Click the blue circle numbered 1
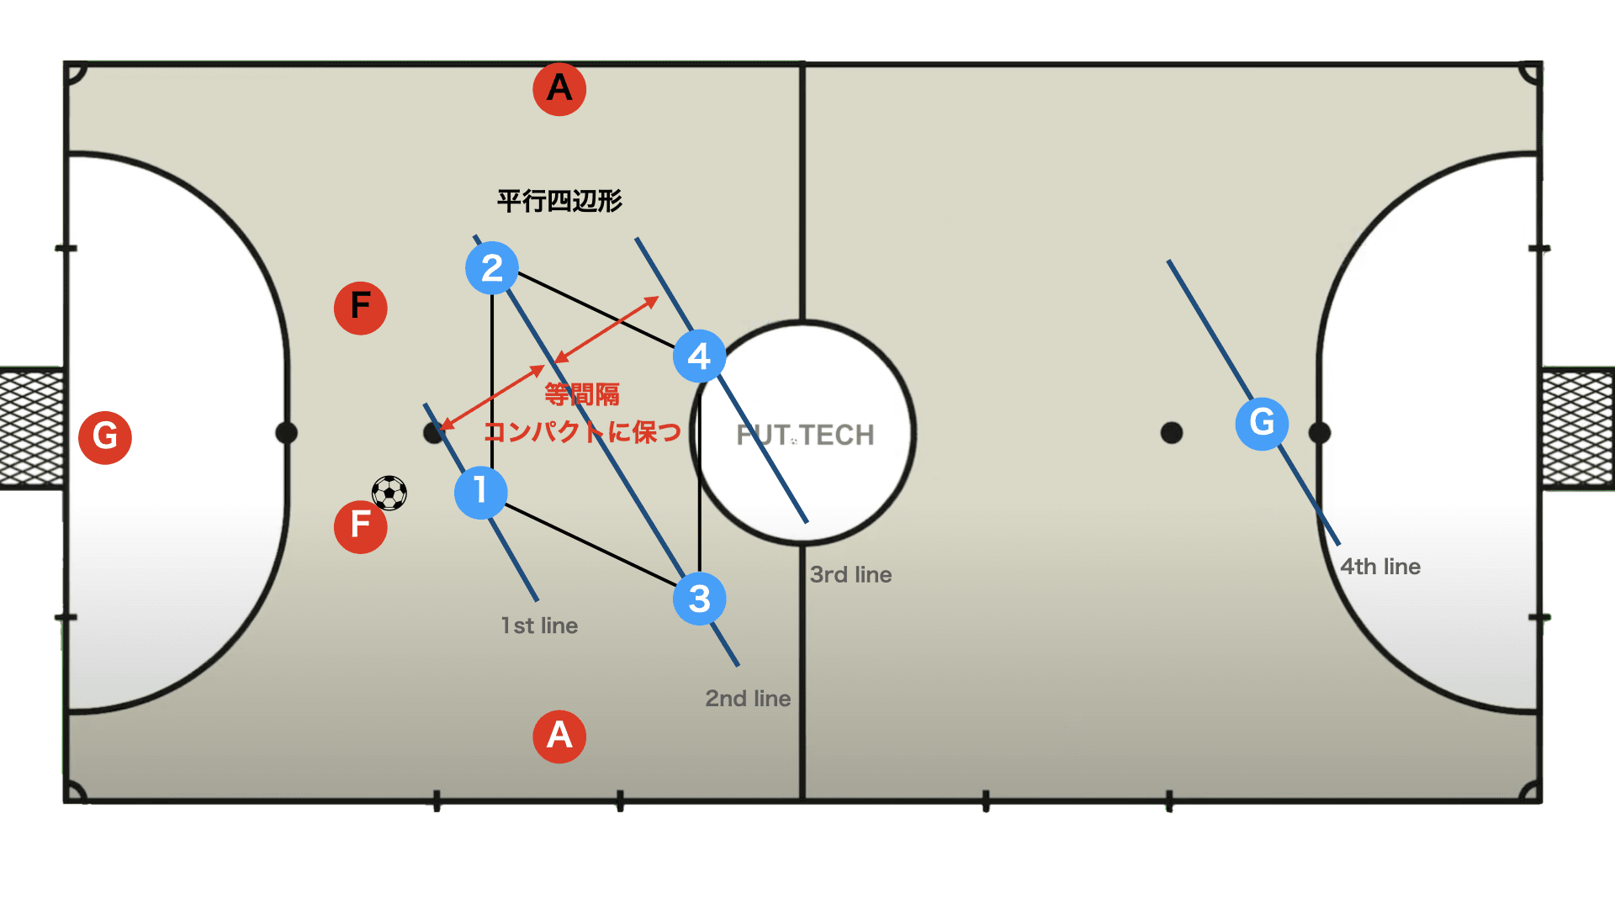pos(480,492)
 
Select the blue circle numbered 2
pos(492,268)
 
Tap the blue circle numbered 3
pos(699,599)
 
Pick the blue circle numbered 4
pos(699,356)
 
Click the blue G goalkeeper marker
pos(1262,423)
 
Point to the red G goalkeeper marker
pos(105,437)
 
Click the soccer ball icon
pos(389,494)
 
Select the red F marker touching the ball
pos(360,526)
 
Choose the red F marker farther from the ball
pos(360,308)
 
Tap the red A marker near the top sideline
pos(559,88)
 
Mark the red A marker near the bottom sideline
pos(559,736)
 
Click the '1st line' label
pos(539,626)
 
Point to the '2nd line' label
pos(748,699)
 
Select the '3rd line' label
pos(850,575)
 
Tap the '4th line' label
pos(1380,567)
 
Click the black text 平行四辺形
pos(559,201)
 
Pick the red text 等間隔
pos(582,394)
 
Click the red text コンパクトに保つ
pos(582,432)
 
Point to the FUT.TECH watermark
pos(805,435)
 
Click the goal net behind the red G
pos(32,429)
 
